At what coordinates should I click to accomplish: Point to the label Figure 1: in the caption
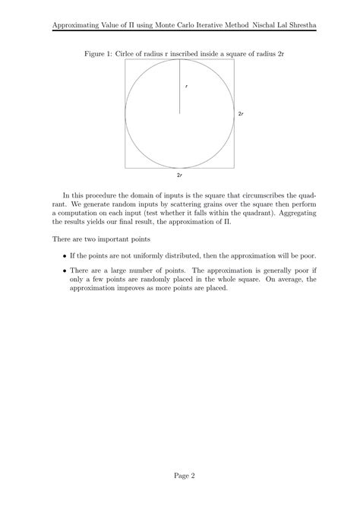[96, 54]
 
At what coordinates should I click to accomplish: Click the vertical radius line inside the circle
[179, 87]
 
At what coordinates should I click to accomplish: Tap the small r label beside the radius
[185, 87]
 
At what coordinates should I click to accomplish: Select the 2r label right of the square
[241, 113]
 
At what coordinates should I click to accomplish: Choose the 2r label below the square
[179, 175]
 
